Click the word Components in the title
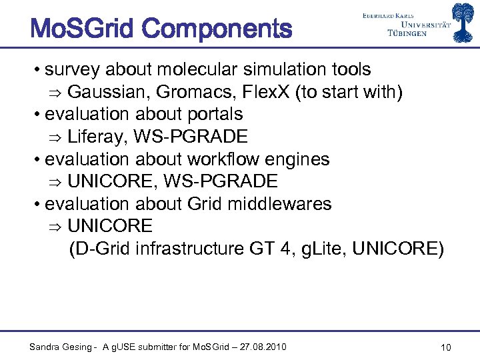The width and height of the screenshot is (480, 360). [x=217, y=29]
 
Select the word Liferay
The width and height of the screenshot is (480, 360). [x=97, y=137]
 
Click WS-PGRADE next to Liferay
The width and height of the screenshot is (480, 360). [x=191, y=137]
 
